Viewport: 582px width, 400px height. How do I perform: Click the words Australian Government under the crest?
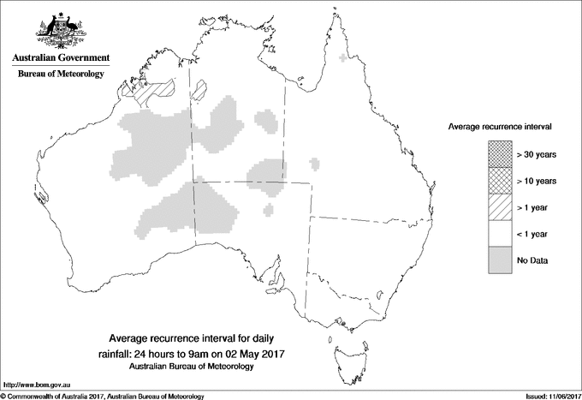point(61,58)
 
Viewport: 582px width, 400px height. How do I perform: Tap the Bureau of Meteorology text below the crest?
point(61,75)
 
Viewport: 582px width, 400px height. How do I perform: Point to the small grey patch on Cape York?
point(344,58)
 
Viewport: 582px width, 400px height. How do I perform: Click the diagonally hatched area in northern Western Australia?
point(151,87)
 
